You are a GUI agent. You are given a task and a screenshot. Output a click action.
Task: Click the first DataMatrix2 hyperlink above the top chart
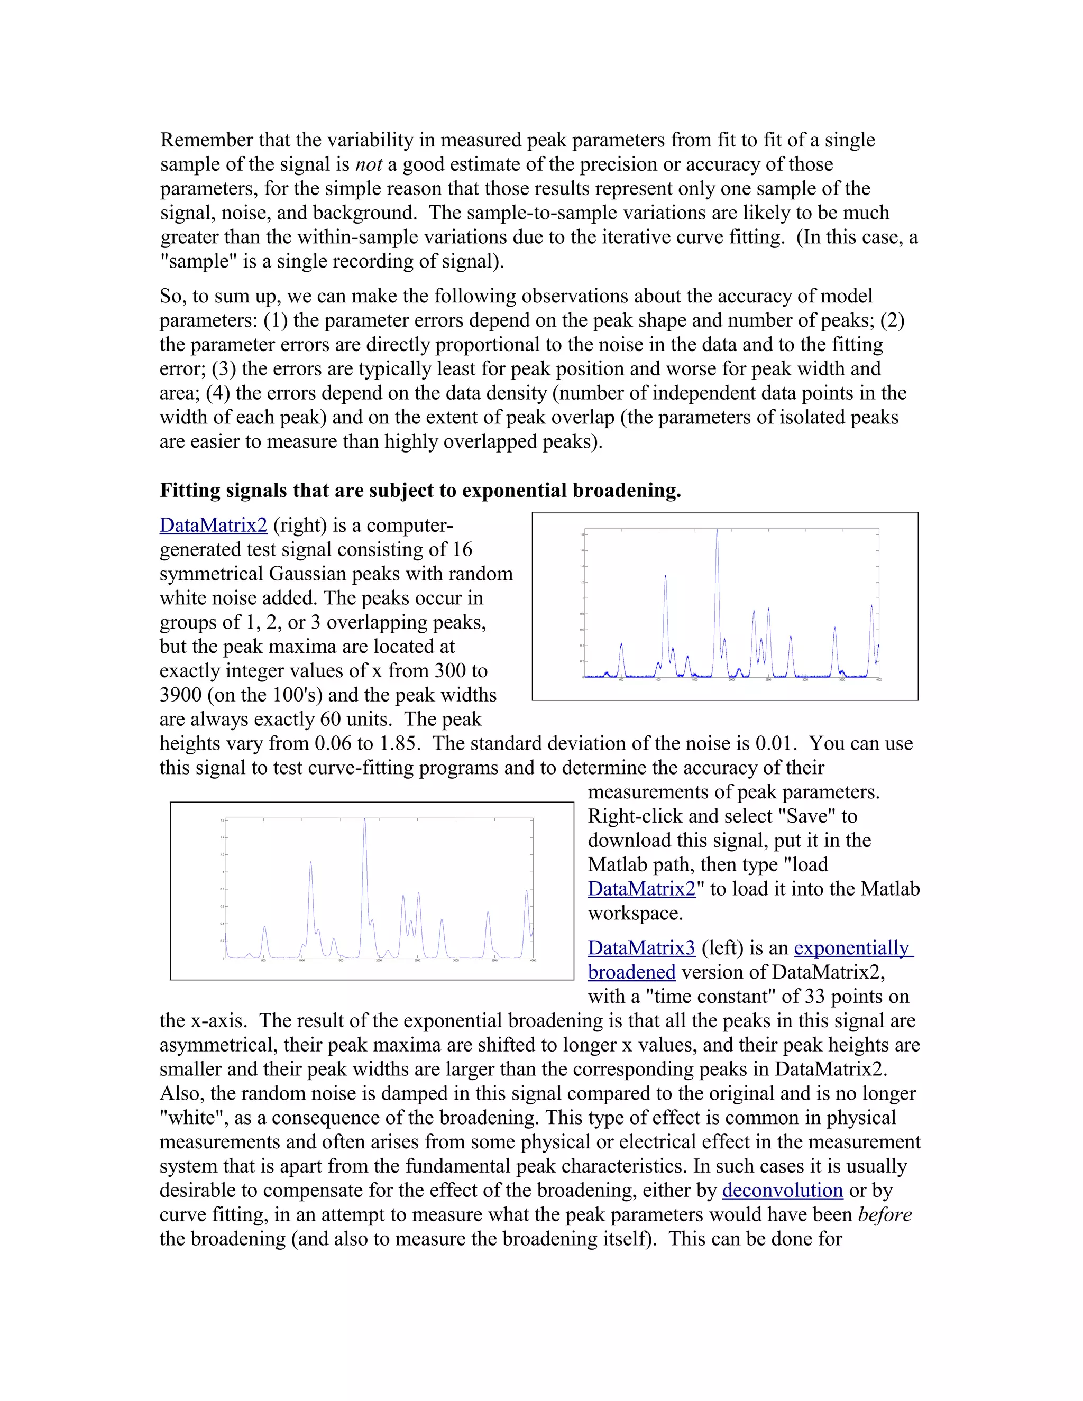click(213, 526)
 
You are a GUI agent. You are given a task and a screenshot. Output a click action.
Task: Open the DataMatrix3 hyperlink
click(641, 948)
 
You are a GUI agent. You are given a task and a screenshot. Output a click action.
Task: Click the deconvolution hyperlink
click(782, 1191)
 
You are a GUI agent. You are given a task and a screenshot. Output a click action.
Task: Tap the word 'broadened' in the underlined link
click(631, 972)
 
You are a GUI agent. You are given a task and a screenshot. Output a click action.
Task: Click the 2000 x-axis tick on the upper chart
click(731, 680)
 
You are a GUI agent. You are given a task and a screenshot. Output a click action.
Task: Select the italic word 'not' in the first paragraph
click(368, 165)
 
